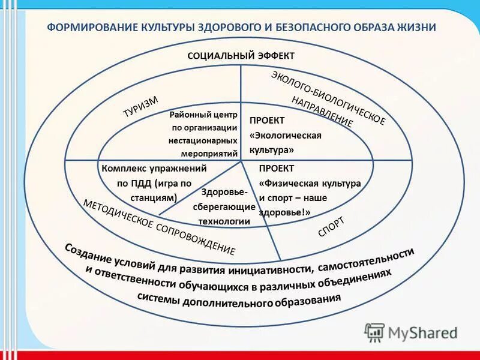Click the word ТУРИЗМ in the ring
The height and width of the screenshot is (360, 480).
coord(140,108)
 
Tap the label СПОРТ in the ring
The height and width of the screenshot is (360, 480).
coord(331,227)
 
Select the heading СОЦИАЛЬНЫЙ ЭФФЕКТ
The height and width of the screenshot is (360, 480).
coord(241,56)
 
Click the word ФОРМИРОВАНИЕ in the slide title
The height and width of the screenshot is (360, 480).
coord(92,28)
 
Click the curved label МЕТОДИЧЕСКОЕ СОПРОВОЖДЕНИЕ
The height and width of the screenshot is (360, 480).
coord(159,227)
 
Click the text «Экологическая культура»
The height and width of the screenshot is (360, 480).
coord(285,142)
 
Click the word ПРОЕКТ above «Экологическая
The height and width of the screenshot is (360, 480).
coord(266,120)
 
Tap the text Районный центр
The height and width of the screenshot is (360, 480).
coord(203,114)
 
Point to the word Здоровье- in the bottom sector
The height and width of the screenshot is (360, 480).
coord(224,193)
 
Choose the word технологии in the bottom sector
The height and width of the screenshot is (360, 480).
coord(224,221)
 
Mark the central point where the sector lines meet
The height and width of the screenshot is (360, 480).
coord(241,161)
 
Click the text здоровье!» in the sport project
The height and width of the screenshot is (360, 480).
coord(285,211)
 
